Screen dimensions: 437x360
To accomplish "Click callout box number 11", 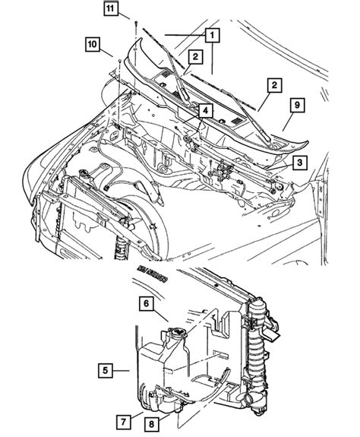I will point(112,9).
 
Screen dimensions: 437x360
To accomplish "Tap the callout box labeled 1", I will point(210,35).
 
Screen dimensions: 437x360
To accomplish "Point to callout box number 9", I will point(297,106).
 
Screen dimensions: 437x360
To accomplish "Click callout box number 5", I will point(107,371).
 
